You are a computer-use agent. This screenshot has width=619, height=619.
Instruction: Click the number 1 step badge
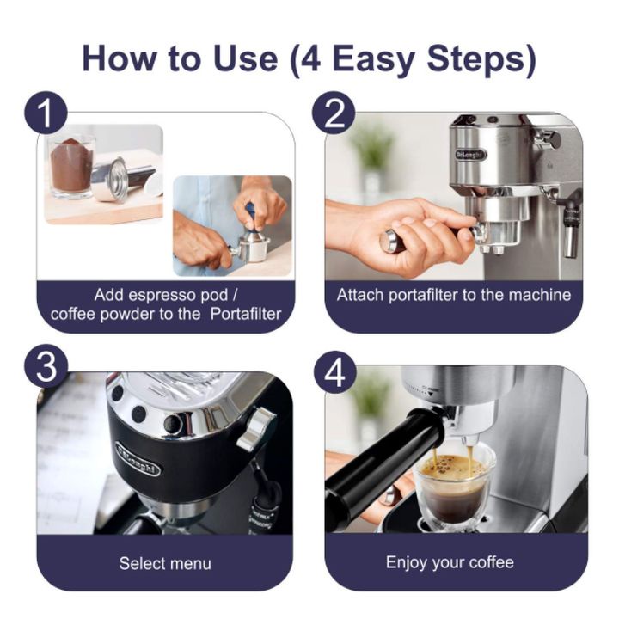[46, 113]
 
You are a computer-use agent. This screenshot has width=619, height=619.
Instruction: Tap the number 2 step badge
[334, 113]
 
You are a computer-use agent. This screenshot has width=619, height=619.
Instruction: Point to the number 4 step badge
[335, 372]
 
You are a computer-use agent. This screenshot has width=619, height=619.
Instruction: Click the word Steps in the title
[481, 59]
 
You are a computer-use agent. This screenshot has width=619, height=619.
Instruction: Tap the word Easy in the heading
[372, 60]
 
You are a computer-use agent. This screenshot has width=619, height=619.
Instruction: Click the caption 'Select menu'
[165, 563]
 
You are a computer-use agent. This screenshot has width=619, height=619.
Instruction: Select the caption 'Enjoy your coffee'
[450, 562]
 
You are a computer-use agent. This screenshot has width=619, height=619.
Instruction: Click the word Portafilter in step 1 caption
[246, 315]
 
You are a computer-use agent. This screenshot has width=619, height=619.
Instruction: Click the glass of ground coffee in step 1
[71, 167]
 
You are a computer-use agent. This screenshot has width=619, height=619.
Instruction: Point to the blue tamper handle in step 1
[251, 213]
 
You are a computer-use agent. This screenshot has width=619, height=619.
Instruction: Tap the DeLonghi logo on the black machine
[138, 459]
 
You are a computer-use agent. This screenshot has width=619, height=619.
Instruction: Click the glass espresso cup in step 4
[453, 490]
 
